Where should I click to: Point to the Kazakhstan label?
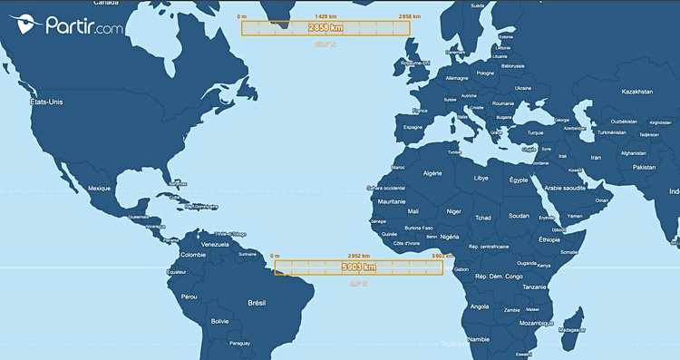pyautogui.click(x=637, y=92)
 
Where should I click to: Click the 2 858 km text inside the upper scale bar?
pyautogui.click(x=325, y=28)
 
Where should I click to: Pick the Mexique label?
pyautogui.click(x=99, y=188)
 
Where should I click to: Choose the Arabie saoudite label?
pyautogui.click(x=559, y=188)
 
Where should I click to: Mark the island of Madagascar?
pyautogui.click(x=571, y=322)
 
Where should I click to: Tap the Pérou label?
pyautogui.click(x=189, y=297)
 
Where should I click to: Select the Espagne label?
pyautogui.click(x=413, y=128)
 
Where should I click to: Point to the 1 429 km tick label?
pyautogui.click(x=327, y=16)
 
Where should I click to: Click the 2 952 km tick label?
pyautogui.click(x=361, y=257)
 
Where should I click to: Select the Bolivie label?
pyautogui.click(x=219, y=321)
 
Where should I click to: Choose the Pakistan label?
pyautogui.click(x=645, y=168)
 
